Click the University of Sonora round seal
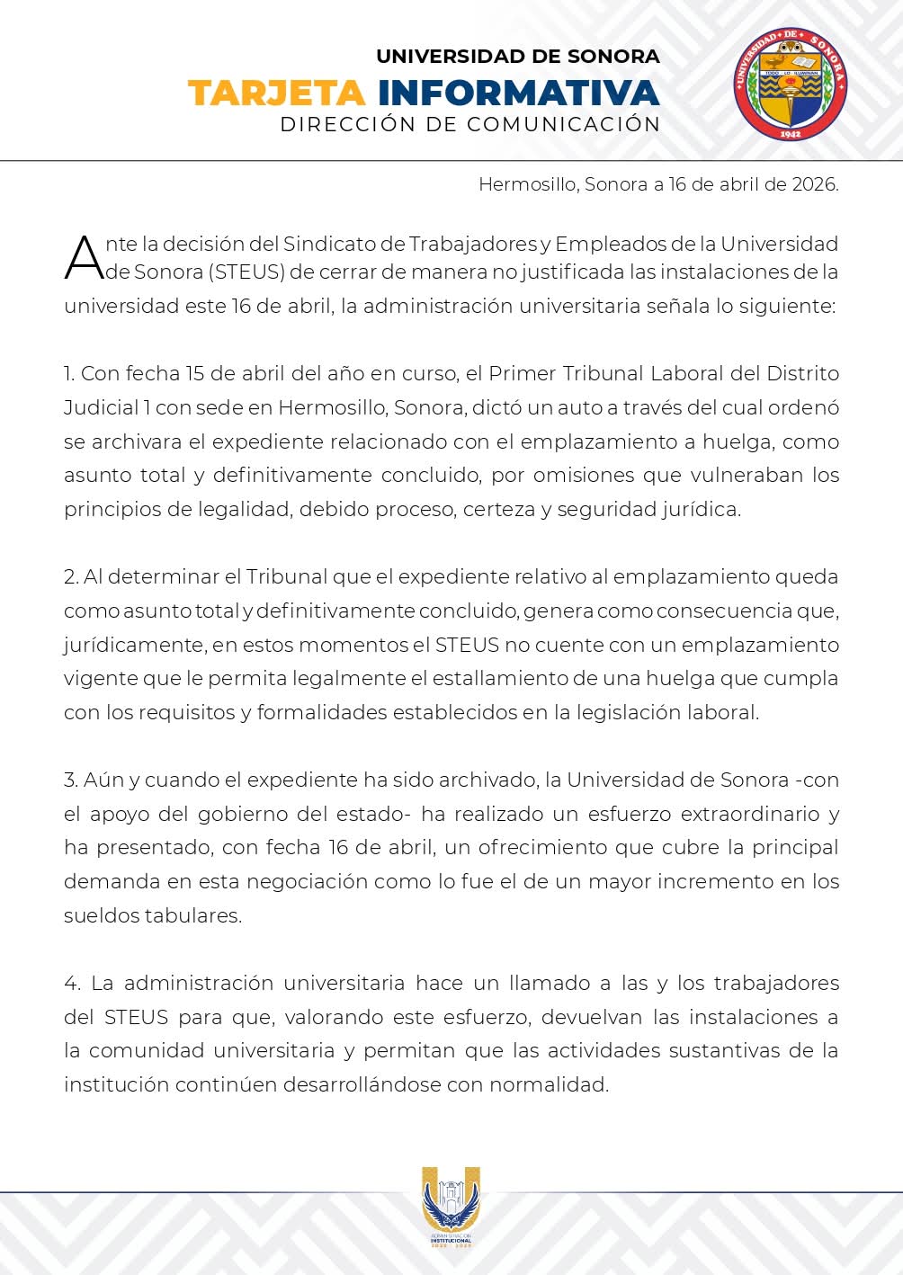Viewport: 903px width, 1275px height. [x=790, y=85]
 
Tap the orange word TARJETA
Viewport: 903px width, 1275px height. [x=276, y=94]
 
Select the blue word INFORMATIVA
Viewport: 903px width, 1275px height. [x=518, y=94]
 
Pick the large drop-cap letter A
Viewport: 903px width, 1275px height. [x=84, y=258]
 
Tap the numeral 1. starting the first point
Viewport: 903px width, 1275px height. [x=69, y=373]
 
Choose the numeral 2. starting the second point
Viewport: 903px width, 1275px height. [x=71, y=576]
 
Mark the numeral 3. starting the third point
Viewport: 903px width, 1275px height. [x=71, y=780]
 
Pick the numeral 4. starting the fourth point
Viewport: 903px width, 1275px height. [x=72, y=983]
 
